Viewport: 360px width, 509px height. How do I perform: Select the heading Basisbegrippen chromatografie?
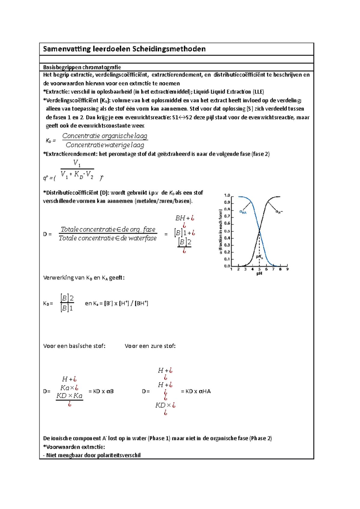pos(82,67)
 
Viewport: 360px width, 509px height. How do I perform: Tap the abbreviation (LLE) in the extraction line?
pos(258,92)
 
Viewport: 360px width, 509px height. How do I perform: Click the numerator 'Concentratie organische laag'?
pos(105,136)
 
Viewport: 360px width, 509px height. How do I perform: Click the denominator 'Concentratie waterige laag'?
pos(105,145)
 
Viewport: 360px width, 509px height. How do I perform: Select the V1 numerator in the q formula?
pos(77,163)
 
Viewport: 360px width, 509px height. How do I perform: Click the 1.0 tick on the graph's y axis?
pos(227,195)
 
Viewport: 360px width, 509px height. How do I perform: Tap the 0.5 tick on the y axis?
pos(227,231)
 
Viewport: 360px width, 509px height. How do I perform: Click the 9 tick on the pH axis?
pos(287,269)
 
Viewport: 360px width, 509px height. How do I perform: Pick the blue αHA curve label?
pos(243,212)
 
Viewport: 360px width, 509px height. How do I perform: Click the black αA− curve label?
pos(279,212)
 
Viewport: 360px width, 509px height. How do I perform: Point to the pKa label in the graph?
pos(259,257)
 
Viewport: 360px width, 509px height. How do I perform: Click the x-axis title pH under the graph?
pos(259,273)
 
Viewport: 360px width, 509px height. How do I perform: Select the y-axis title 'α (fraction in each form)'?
pos(221,231)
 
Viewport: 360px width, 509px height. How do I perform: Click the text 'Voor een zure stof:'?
pos(150,346)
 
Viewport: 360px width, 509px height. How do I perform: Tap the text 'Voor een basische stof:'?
pos(74,346)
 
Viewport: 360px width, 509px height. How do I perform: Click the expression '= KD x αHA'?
pos(196,391)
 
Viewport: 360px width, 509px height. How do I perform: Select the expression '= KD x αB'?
pos(101,391)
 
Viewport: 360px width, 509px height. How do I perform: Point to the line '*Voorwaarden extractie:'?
pos(74,447)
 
